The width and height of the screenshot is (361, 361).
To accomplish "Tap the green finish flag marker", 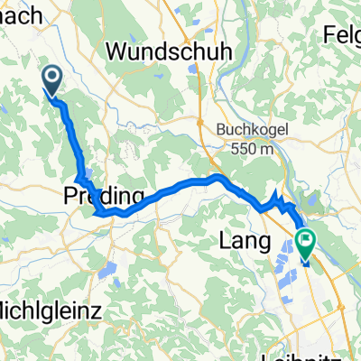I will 304,242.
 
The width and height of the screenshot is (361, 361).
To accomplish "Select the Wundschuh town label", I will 157,53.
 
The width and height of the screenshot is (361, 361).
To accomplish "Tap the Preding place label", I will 105,196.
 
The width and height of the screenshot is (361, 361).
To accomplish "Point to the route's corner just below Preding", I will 97,213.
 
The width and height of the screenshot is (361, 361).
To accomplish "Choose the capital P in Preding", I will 70,196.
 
